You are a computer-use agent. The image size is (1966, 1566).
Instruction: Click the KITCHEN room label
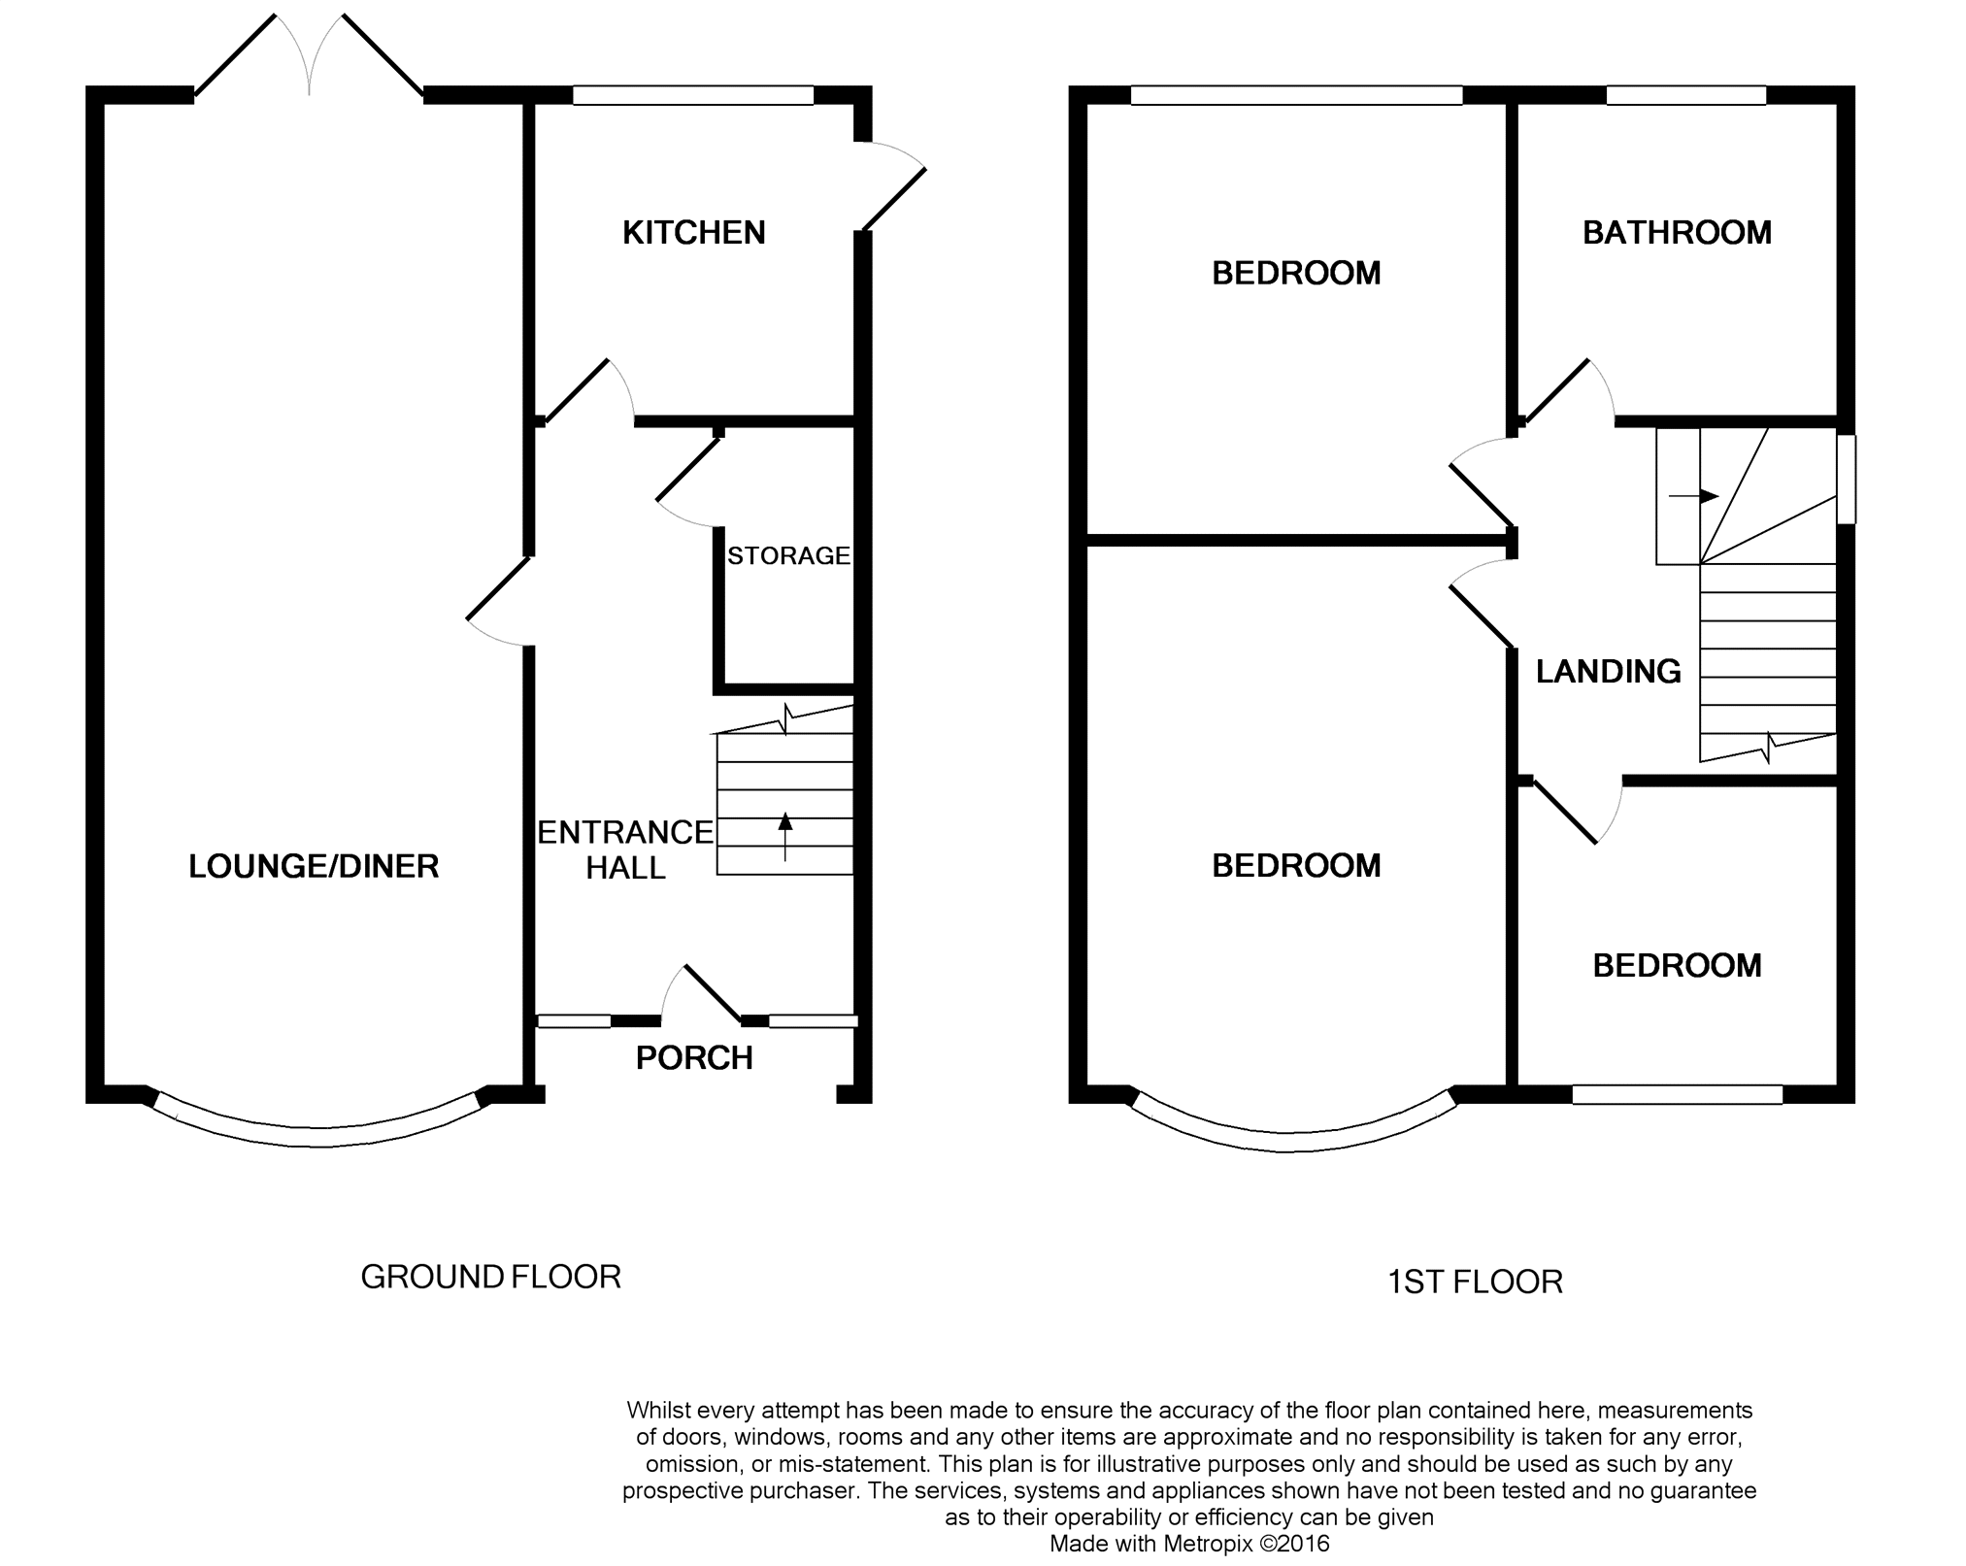coord(693,233)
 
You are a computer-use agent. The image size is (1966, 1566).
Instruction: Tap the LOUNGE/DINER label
coord(314,866)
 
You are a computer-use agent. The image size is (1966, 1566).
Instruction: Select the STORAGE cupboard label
coord(788,556)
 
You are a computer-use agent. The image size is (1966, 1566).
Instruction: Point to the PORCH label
coord(694,1057)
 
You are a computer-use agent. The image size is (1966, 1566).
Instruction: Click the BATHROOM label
coord(1677,233)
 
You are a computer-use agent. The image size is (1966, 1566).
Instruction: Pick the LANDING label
coord(1608,672)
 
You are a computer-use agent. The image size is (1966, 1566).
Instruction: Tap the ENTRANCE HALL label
coord(625,850)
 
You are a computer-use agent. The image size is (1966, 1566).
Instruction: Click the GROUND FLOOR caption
coord(490,1277)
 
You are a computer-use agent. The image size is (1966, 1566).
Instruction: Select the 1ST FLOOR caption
coord(1475,1283)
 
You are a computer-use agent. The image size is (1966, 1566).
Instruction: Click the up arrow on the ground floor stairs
coord(785,835)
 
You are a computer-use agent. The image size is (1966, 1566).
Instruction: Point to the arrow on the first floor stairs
coord(1693,496)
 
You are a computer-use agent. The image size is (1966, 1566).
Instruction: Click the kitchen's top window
coord(692,95)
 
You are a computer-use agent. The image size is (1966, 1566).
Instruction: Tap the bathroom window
coord(1685,95)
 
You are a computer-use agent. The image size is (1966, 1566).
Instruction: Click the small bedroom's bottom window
coord(1677,1094)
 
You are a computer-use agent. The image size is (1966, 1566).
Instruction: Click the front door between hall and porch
coord(713,995)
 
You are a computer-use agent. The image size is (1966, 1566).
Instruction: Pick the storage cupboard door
coord(688,471)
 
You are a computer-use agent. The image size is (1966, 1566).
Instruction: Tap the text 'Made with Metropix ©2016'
coord(1189,1544)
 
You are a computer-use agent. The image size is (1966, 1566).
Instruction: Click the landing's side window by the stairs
coord(1846,480)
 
